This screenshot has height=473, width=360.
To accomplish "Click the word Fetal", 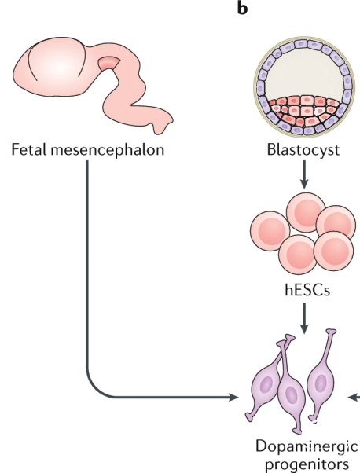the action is pos(28,149).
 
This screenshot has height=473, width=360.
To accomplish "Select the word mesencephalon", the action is pos(108,151).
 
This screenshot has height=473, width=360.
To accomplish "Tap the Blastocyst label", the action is pos(303,150).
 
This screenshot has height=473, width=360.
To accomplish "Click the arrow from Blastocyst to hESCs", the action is pos(304,174).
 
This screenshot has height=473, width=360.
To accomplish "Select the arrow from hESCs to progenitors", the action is pos(304,318).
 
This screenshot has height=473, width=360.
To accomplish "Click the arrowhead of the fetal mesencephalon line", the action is pos(233,397).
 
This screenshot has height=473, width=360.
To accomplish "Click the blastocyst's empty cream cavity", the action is pos(304,75).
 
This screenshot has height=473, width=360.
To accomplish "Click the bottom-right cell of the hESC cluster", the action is pos(334,251).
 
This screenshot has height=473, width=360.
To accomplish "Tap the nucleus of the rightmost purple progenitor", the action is pos(320,383).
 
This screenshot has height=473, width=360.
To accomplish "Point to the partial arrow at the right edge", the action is pos(354,398).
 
